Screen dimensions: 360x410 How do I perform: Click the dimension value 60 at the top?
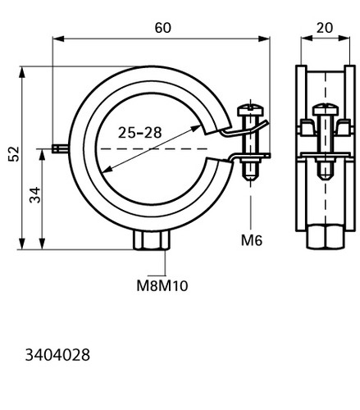point(163,28)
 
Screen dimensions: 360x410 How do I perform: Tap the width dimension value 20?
point(325,28)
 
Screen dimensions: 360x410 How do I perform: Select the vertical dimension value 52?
point(14,154)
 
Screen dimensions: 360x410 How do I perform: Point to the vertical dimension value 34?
point(34,195)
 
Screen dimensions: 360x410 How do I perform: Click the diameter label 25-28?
point(140,133)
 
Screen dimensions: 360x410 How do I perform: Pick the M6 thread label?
point(252,240)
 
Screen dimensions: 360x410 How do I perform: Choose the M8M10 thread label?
point(162,286)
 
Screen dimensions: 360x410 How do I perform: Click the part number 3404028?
point(57,355)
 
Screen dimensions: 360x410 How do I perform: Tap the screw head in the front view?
point(250,109)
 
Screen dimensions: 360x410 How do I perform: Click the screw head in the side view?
point(326,109)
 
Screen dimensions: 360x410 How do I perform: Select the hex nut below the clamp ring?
point(152,239)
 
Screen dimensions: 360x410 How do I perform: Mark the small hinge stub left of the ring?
point(60,149)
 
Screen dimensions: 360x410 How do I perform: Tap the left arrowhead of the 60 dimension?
point(58,39)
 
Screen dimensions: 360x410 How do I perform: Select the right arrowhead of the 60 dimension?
point(264,39)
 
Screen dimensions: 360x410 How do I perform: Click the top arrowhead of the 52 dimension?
point(22,72)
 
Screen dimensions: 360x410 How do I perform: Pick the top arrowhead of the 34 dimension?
point(42,154)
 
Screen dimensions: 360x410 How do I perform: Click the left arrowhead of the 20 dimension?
point(307,39)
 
